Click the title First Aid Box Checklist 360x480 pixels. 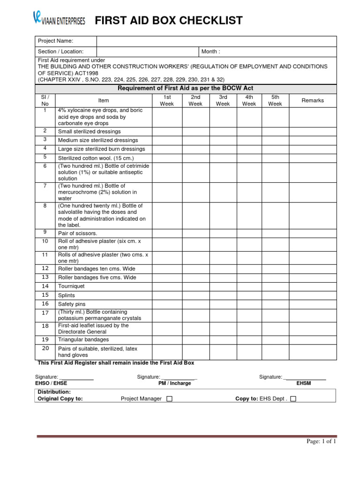click(x=169, y=21)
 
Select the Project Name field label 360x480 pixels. click(x=55, y=41)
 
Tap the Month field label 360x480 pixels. click(x=210, y=52)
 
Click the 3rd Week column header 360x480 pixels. click(x=223, y=100)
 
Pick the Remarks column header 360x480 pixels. click(x=312, y=100)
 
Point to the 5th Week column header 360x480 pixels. click(x=275, y=100)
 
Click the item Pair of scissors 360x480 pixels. click(x=77, y=233)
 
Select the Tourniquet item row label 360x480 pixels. click(x=72, y=286)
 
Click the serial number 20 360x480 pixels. click(x=45, y=348)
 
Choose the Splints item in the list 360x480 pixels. click(x=66, y=295)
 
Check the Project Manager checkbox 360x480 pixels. click(x=169, y=399)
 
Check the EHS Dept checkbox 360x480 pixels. click(x=293, y=399)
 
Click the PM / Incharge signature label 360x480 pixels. click(x=174, y=383)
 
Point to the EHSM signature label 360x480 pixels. click(x=303, y=383)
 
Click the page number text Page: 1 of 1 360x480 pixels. click(x=322, y=441)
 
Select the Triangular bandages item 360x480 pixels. click(x=83, y=339)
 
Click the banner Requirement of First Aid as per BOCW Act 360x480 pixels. click(x=186, y=89)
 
